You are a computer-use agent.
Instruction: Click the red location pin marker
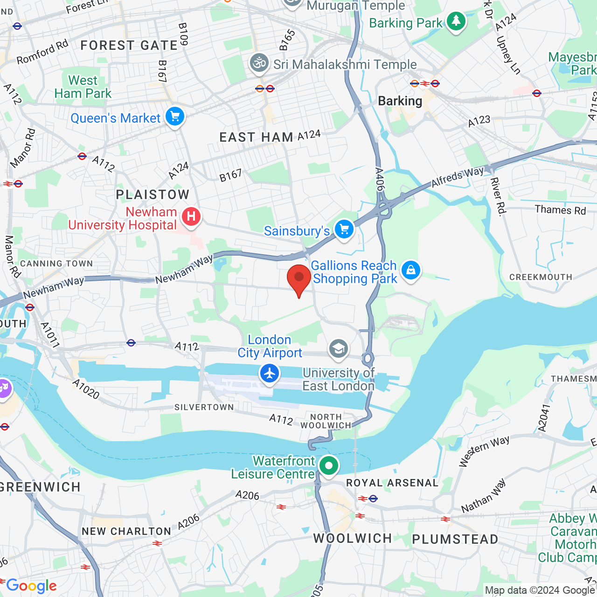tap(298, 278)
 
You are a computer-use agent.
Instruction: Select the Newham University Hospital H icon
tap(191, 217)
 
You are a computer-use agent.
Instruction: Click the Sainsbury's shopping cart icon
tap(344, 229)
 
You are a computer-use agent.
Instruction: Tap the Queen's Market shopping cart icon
tap(175, 116)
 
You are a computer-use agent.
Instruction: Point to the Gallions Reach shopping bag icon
tap(410, 271)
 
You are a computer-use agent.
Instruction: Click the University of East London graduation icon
tap(339, 349)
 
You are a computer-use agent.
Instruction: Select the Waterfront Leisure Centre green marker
tap(329, 466)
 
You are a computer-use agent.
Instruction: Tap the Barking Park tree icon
tap(456, 21)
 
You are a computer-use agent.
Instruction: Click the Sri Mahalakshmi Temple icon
tap(259, 63)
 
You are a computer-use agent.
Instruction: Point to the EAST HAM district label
tap(256, 138)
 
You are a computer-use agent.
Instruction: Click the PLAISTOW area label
tap(153, 194)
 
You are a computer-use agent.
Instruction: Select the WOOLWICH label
tap(353, 538)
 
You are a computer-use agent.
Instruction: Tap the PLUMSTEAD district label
tap(455, 540)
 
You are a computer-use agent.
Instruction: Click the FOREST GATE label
tap(129, 46)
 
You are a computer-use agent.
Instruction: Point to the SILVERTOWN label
tap(204, 407)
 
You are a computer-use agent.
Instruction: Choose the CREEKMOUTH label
tap(541, 277)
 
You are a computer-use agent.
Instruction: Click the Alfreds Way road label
tap(457, 177)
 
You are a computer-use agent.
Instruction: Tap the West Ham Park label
tap(83, 87)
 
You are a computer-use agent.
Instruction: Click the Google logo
tap(31, 586)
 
